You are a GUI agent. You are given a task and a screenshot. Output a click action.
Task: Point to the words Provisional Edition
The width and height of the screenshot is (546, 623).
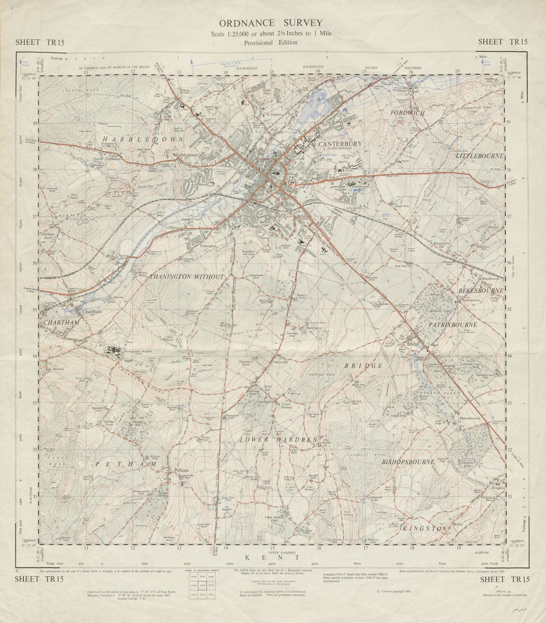coord(271,42)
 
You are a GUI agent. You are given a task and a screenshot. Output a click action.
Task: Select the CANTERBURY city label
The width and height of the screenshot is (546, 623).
coord(340,144)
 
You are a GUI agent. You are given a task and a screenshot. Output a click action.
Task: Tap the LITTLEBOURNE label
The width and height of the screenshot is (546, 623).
coord(479,156)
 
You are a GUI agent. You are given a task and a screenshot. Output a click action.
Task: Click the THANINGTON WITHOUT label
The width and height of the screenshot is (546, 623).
coord(187,277)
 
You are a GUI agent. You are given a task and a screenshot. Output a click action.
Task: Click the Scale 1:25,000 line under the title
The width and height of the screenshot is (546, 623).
coord(271,33)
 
